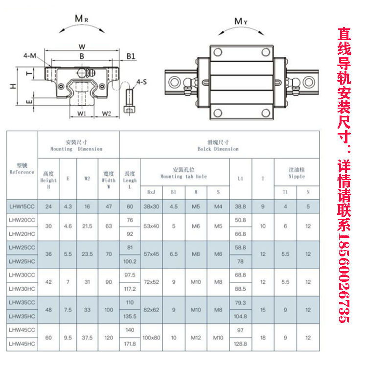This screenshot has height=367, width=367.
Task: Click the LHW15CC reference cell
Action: pyautogui.click(x=21, y=206)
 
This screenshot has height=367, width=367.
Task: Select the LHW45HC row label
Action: pyautogui.click(x=21, y=345)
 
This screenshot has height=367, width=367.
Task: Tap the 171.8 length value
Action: pyautogui.click(x=130, y=345)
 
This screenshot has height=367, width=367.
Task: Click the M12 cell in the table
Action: pyautogui.click(x=196, y=338)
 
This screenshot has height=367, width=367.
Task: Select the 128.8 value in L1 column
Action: pyautogui.click(x=240, y=345)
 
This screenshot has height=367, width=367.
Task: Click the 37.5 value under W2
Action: pyautogui.click(x=87, y=338)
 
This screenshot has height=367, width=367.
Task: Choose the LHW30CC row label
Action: pyautogui.click(x=21, y=275)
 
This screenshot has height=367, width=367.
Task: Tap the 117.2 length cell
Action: pyautogui.click(x=130, y=289)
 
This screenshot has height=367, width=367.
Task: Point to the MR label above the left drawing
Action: pyautogui.click(x=82, y=19)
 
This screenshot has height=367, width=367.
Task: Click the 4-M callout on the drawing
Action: pyautogui.click(x=30, y=56)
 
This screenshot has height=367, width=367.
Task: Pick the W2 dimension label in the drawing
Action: pyautogui.click(x=106, y=114)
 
